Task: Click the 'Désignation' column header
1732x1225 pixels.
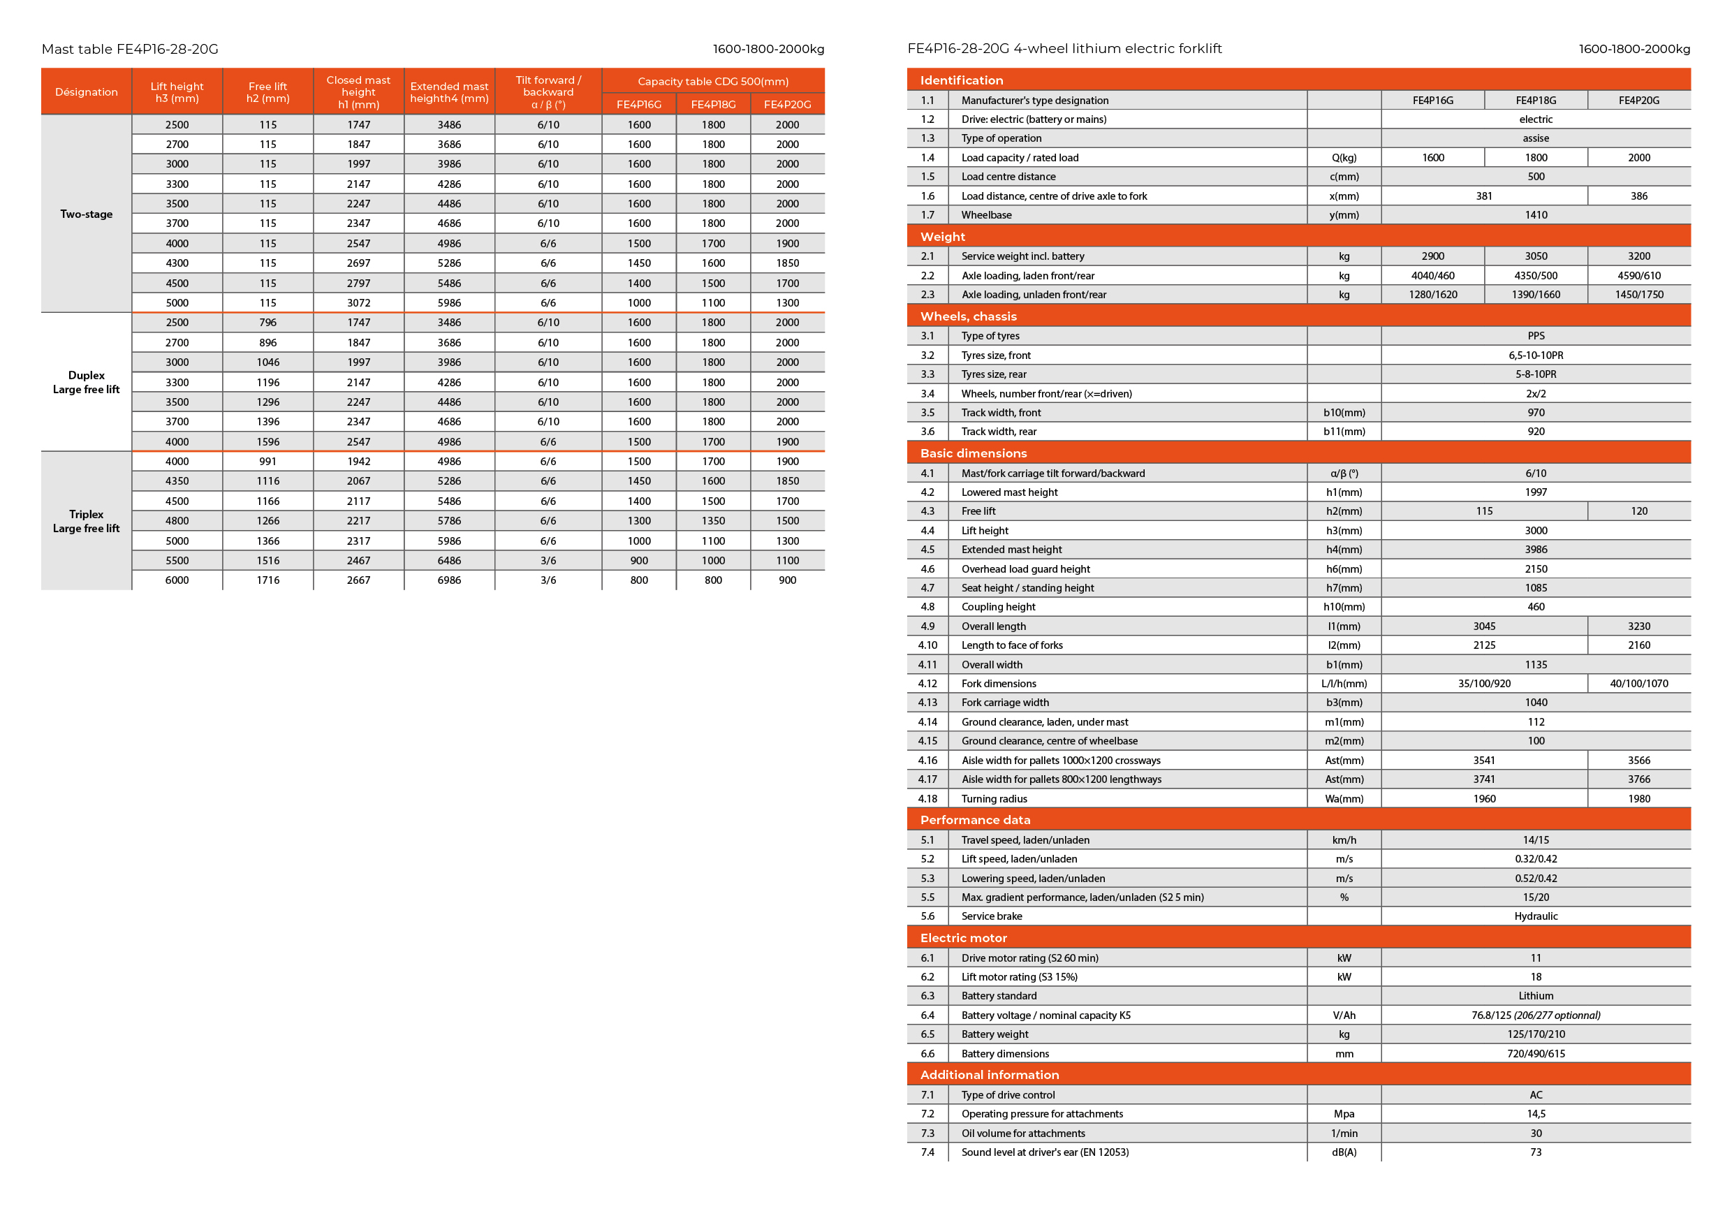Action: tap(86, 92)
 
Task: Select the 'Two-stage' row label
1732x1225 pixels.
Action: tap(86, 214)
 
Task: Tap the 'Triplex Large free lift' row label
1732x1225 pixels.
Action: tap(86, 521)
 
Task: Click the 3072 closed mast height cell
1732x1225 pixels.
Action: tap(358, 302)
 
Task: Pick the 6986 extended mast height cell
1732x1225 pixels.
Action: tap(449, 580)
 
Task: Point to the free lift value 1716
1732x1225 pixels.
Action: tap(267, 580)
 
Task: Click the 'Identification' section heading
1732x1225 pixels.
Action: tap(961, 80)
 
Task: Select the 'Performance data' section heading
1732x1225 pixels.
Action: tap(975, 820)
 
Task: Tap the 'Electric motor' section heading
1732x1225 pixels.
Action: tap(963, 938)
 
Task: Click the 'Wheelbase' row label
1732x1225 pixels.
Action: tap(986, 215)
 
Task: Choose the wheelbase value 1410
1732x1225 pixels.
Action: tap(1535, 215)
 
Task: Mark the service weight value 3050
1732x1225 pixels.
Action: tap(1535, 256)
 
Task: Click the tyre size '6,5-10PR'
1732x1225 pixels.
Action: tap(1535, 355)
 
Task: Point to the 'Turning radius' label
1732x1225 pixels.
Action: tap(994, 799)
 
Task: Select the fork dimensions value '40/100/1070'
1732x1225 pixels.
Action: tap(1638, 684)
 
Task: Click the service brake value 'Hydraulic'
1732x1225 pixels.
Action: tap(1535, 916)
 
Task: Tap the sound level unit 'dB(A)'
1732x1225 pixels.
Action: tap(1344, 1152)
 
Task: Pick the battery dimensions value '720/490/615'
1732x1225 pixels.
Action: tap(1535, 1054)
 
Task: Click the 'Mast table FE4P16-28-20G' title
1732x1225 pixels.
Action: tap(130, 49)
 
